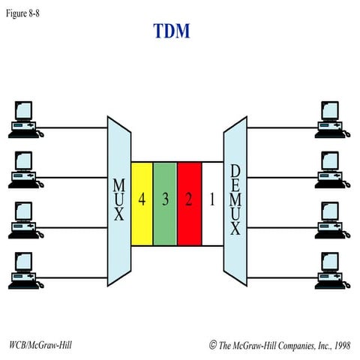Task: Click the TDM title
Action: click(x=172, y=31)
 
